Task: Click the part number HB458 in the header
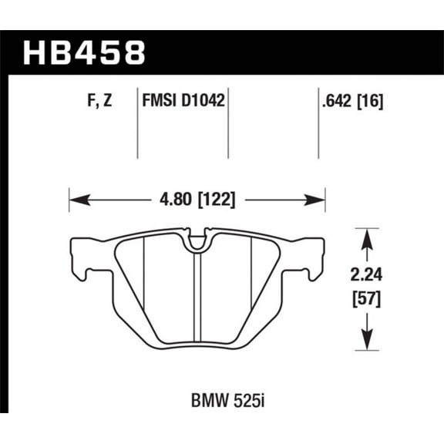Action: pos(84,53)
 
